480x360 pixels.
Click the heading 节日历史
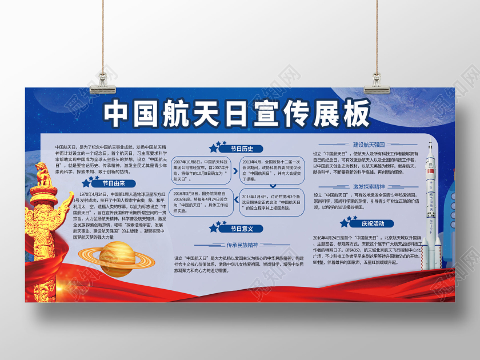click(x=242, y=149)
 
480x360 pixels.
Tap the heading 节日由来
click(x=113, y=183)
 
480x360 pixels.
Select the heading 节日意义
click(x=242, y=229)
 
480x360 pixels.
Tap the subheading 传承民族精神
click(x=242, y=245)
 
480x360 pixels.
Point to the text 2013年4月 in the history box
click(x=252, y=162)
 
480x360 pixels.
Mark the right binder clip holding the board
click(x=377, y=79)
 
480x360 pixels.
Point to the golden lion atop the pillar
click(x=43, y=175)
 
